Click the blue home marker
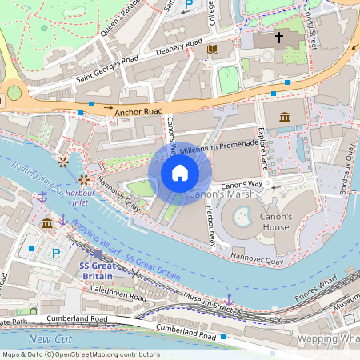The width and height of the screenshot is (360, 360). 180,173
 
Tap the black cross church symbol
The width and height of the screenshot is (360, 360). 280,38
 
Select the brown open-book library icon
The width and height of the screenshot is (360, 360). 212,50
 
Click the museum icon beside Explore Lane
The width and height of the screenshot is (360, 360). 285,118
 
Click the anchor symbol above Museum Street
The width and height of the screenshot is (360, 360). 228,298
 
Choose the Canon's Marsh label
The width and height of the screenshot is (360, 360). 215,194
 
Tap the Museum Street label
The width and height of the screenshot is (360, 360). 207,302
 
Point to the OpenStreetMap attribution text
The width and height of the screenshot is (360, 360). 81,354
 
